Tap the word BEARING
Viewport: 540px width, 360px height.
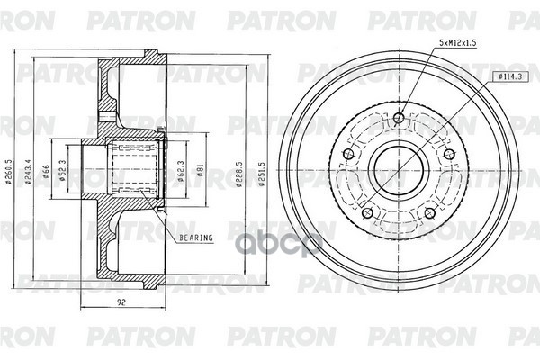click(195, 238)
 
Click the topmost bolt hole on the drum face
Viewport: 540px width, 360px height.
click(400, 115)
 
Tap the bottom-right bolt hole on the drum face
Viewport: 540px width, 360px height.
click(429, 212)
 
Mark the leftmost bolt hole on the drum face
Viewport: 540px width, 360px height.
click(353, 156)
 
